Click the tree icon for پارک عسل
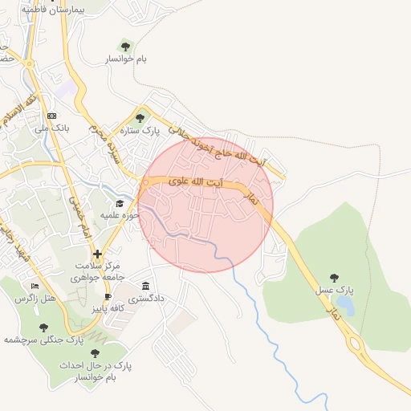pyautogui.click(x=335, y=278)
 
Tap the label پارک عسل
pyautogui.click(x=340, y=289)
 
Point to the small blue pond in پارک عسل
pyautogui.click(x=345, y=305)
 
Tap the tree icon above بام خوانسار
pyautogui.click(x=124, y=46)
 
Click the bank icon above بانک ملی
pyautogui.click(x=53, y=116)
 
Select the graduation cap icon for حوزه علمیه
pyautogui.click(x=120, y=204)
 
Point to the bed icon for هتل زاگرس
pyautogui.click(x=34, y=286)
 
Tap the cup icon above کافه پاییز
pyautogui.click(x=108, y=296)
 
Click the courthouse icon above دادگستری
pyautogui.click(x=145, y=287)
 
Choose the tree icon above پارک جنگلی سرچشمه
pyautogui.click(x=45, y=328)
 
